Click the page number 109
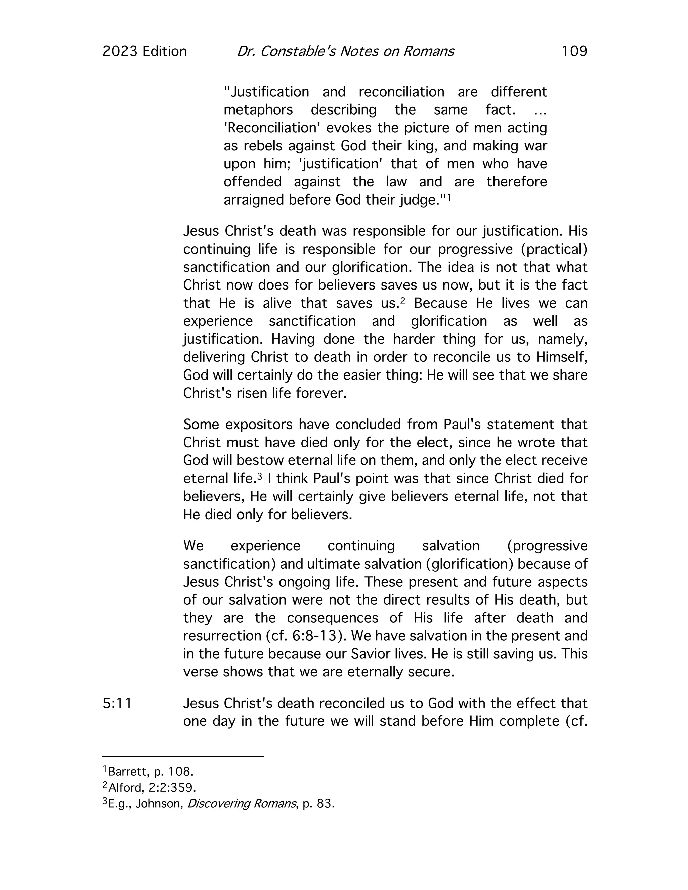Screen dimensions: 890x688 (574, 51)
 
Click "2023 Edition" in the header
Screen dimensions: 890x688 (144, 51)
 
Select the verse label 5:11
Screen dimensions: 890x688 (117, 704)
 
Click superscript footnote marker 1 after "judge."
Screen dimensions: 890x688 (449, 197)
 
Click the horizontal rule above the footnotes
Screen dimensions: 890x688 (183, 757)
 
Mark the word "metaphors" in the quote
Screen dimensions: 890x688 (258, 110)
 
